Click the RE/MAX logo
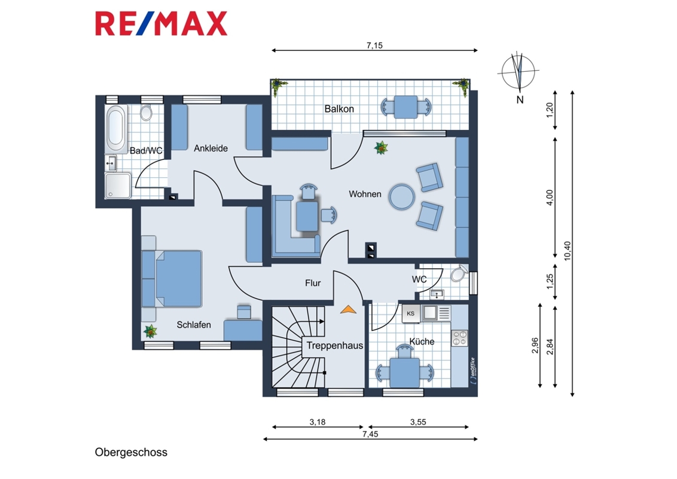click(161, 23)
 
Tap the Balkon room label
click(339, 109)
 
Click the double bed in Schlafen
click(172, 278)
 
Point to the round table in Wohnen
click(401, 197)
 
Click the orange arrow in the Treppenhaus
click(349, 309)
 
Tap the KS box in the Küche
click(411, 313)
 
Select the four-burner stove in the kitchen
click(459, 338)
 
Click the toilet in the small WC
click(459, 273)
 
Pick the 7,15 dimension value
click(374, 46)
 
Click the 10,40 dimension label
click(568, 251)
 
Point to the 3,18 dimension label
click(318, 422)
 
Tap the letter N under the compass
click(520, 100)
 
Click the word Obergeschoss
click(131, 452)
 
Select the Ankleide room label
click(211, 148)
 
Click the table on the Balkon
click(405, 107)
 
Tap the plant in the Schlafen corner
click(150, 332)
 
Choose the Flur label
click(313, 283)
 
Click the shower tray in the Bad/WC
click(118, 186)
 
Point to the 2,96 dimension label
click(535, 345)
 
